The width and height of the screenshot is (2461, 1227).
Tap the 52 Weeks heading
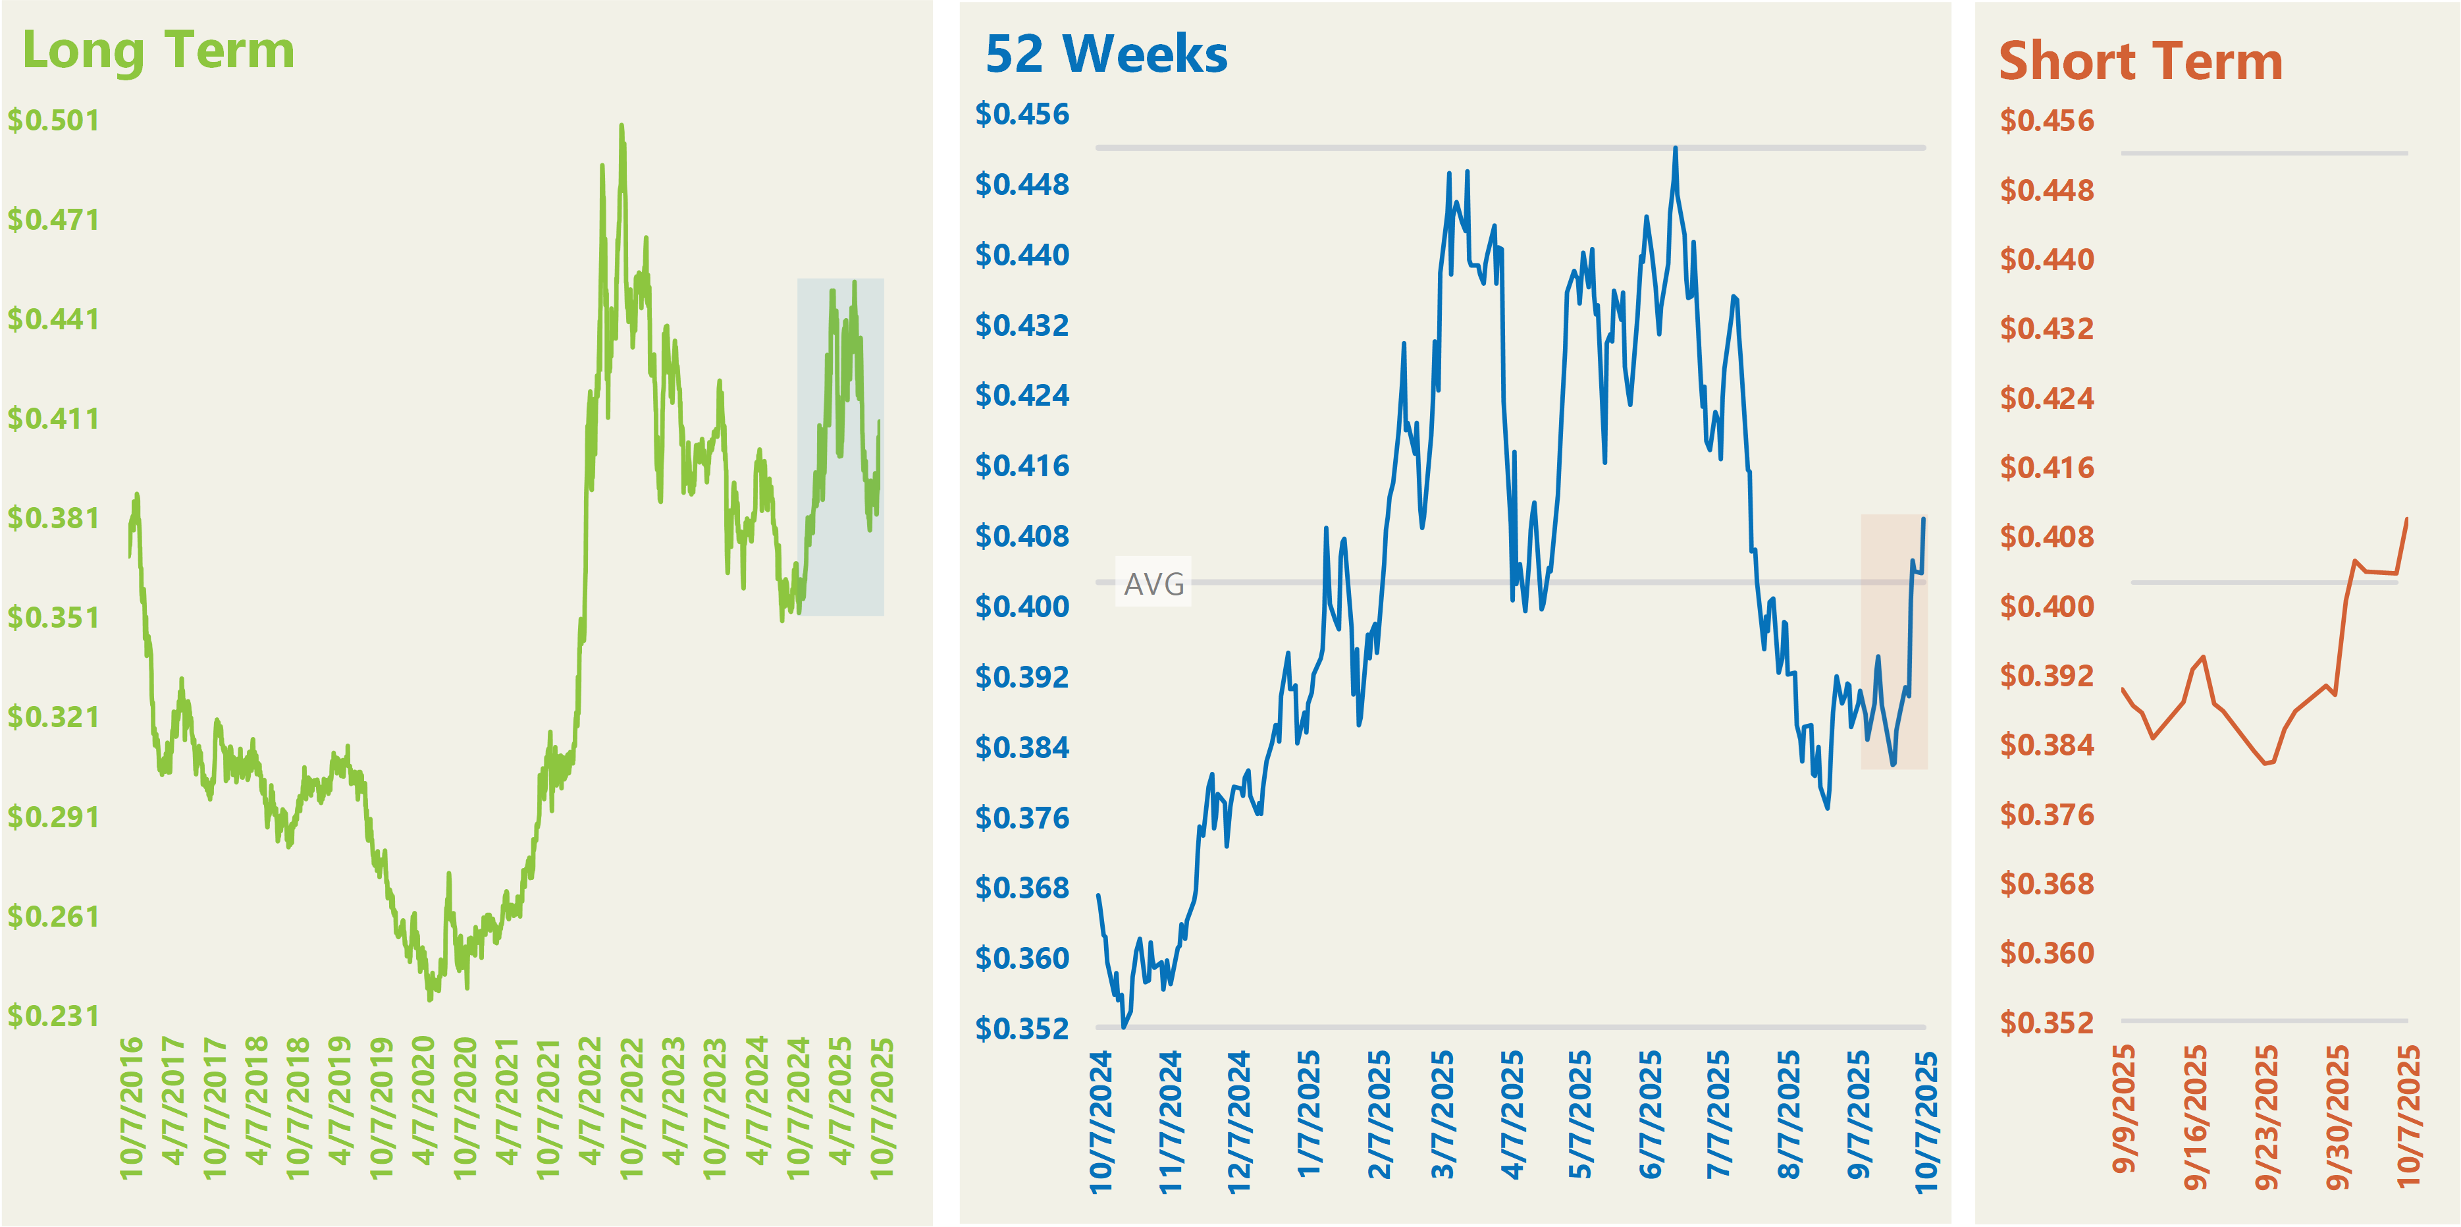coord(1106,55)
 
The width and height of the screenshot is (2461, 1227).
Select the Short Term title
coord(2140,62)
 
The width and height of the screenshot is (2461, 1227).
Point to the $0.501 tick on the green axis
coord(53,121)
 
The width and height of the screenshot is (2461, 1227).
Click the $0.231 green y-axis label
coord(53,1016)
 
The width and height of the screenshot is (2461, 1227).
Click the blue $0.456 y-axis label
coord(1022,115)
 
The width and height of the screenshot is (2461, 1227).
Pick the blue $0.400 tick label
coord(1022,607)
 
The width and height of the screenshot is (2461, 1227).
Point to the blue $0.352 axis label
coord(1022,1029)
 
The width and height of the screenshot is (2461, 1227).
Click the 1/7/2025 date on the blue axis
coord(1309,1113)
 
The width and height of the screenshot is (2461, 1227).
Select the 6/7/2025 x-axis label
coord(1651,1113)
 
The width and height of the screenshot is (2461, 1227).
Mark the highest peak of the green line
coord(622,125)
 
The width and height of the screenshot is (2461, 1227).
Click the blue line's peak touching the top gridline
coord(1676,148)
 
